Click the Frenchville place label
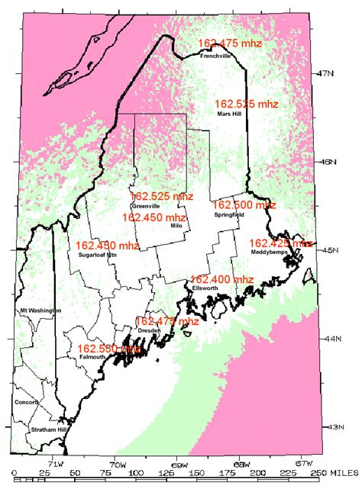point(215,56)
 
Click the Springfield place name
point(228,215)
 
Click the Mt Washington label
point(39,310)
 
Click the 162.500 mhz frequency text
point(244,204)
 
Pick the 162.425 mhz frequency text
point(281,243)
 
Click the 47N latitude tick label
point(326,73)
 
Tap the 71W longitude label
point(56,463)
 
